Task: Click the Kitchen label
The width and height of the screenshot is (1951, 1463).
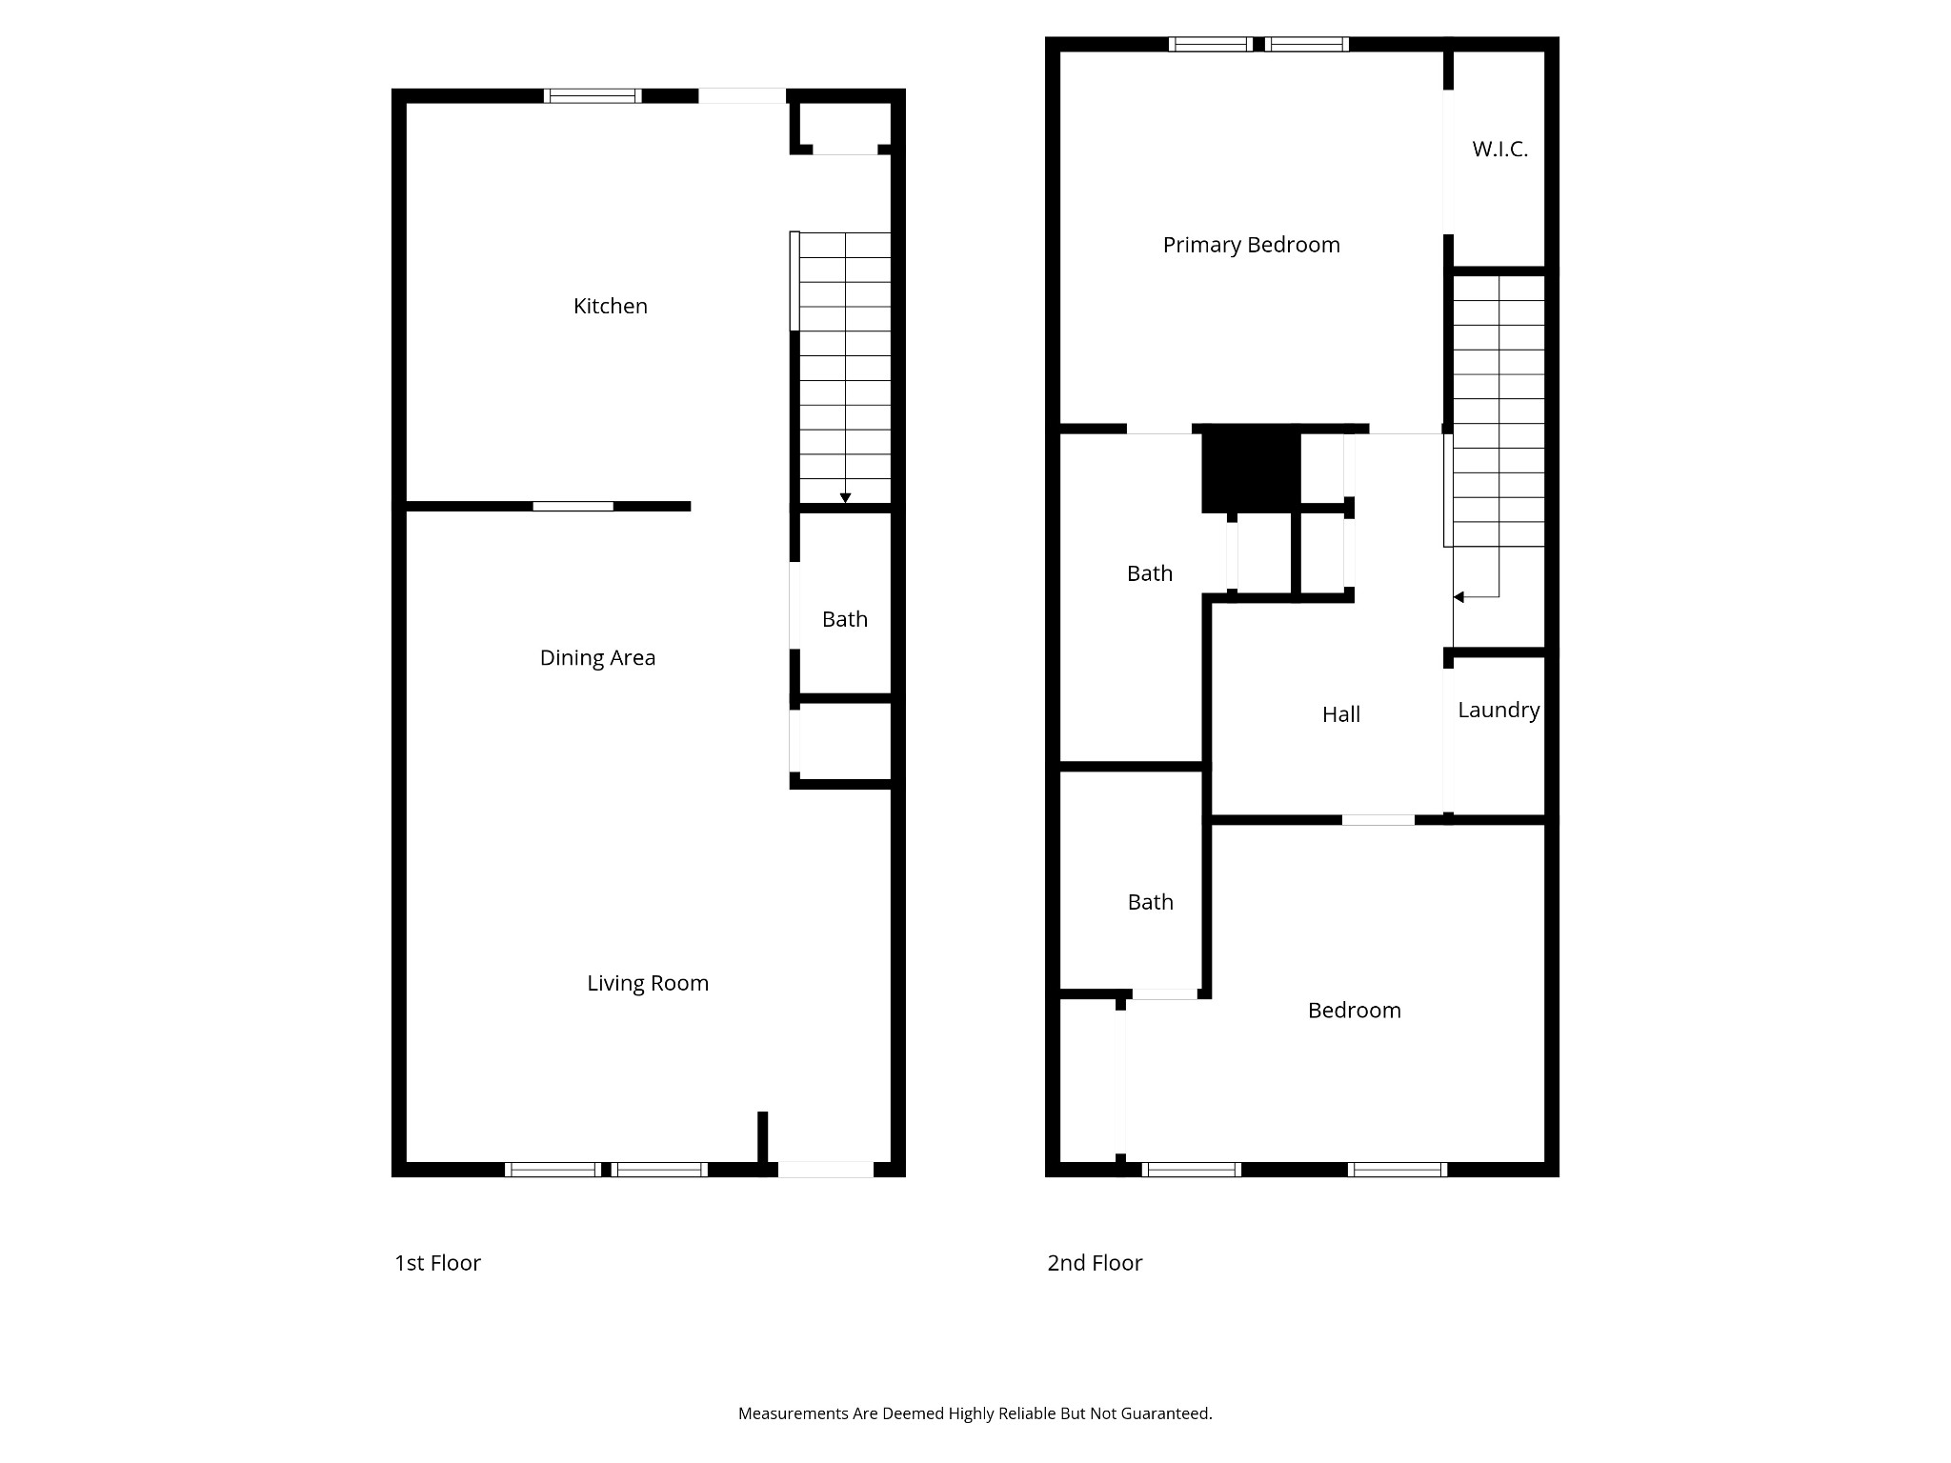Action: (x=610, y=306)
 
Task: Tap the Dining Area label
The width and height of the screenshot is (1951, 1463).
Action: (x=597, y=657)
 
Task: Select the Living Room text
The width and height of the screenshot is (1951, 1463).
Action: (x=647, y=983)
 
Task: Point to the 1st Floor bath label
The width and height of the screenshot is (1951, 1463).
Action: (x=844, y=619)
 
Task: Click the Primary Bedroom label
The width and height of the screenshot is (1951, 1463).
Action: (x=1250, y=245)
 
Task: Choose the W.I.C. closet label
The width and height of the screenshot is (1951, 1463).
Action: (x=1498, y=149)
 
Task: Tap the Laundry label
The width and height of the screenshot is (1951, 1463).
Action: (x=1498, y=710)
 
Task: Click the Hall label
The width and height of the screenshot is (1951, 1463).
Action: (x=1340, y=714)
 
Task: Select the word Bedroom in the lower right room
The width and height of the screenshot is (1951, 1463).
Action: (x=1354, y=1010)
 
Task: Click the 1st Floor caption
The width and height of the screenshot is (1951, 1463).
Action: (x=437, y=1263)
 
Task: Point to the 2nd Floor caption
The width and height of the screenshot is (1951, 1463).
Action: (x=1094, y=1263)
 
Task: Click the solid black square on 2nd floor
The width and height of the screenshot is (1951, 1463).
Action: (x=1250, y=469)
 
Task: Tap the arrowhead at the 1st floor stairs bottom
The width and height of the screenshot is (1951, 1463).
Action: (x=845, y=498)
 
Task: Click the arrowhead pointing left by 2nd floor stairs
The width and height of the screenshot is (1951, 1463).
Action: (x=1458, y=597)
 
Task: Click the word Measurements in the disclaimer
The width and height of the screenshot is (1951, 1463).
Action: (x=794, y=1413)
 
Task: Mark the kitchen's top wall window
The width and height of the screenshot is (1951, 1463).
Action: (x=592, y=95)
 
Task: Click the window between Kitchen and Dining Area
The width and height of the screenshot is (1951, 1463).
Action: (x=573, y=506)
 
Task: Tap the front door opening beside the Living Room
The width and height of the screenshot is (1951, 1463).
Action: (x=825, y=1169)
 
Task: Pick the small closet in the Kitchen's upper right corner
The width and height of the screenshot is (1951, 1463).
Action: (x=843, y=125)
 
